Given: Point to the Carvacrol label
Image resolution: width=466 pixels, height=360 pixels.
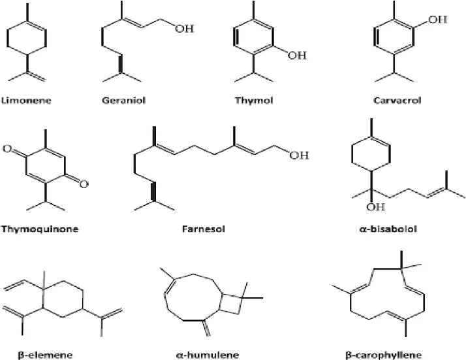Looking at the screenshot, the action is point(394,101).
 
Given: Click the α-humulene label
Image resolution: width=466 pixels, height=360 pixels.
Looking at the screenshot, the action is point(199,355).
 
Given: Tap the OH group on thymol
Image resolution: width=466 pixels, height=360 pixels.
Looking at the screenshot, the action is point(296,56).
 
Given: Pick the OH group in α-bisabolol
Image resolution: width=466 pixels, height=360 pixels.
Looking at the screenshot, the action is point(373,208).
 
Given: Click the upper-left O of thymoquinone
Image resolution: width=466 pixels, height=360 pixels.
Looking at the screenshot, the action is point(7,150).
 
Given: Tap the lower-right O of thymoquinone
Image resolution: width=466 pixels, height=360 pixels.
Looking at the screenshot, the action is point(84,185).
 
